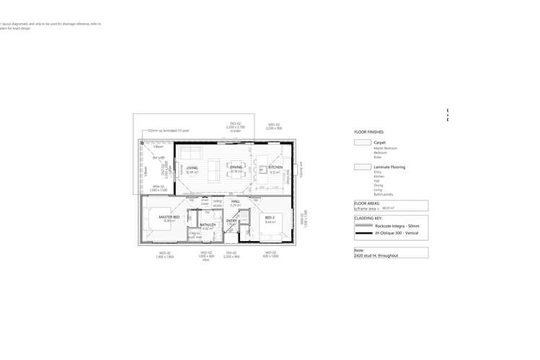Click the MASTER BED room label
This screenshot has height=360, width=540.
[x=169, y=216]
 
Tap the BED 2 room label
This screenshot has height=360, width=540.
[x=270, y=217]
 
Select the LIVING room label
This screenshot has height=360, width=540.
[x=192, y=167]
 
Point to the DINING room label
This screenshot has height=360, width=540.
[x=236, y=167]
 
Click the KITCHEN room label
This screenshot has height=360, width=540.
[x=275, y=167]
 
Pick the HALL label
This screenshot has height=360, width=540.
[x=235, y=201]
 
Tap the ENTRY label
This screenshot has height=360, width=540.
[x=231, y=221]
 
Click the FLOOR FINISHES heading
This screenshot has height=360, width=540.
[x=369, y=132]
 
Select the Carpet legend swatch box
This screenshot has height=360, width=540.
[x=363, y=143]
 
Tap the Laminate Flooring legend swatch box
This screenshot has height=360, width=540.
[x=363, y=167]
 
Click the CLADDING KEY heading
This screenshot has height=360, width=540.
[x=368, y=217]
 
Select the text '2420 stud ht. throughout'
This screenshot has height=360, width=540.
[x=376, y=255]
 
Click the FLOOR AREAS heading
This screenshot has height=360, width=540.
[x=368, y=203]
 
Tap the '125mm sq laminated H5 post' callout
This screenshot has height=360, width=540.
[x=168, y=131]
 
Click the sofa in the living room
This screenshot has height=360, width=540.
[x=191, y=153]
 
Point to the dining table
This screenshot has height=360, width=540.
[x=236, y=171]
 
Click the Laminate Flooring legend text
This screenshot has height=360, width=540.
[x=389, y=167]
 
